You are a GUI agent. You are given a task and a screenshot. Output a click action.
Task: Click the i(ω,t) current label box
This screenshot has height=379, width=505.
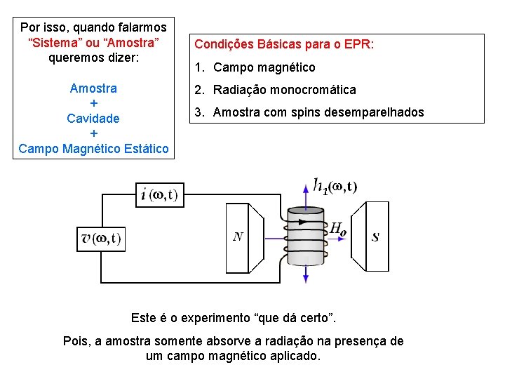(x=159, y=194)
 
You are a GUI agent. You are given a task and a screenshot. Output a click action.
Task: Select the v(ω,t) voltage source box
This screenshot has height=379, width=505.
(x=100, y=239)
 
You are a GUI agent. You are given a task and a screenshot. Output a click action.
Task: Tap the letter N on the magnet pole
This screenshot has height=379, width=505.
(x=238, y=237)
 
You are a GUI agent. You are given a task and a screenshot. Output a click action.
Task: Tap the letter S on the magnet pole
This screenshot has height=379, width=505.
(x=375, y=237)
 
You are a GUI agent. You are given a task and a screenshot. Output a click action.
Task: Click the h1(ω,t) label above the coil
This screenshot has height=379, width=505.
(x=336, y=186)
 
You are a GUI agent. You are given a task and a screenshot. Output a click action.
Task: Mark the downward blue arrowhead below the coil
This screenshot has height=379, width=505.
(x=306, y=279)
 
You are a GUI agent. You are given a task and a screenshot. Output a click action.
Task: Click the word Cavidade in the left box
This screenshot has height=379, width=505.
(x=93, y=119)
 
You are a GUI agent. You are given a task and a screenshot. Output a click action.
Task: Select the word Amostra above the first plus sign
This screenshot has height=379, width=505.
(x=93, y=88)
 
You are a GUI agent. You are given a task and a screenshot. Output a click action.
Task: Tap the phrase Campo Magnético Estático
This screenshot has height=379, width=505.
(x=93, y=149)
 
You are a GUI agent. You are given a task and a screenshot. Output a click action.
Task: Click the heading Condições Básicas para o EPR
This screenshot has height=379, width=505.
(x=284, y=44)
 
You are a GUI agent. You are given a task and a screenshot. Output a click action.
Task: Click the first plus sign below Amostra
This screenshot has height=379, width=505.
(x=93, y=103)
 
